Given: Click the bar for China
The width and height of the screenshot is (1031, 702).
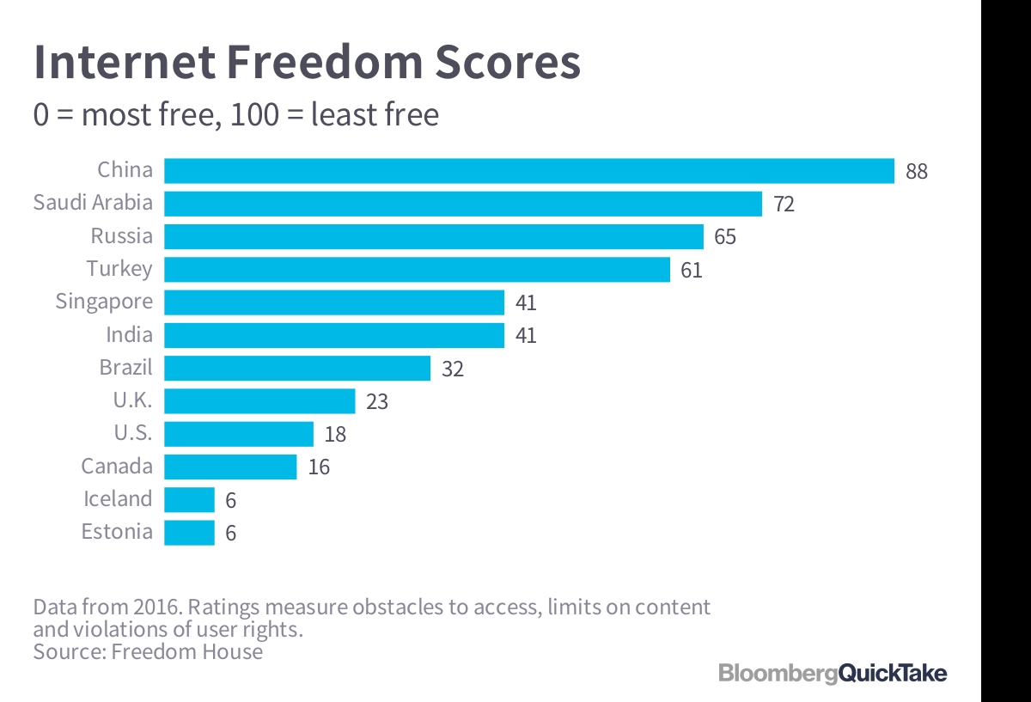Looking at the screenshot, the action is coord(529,171).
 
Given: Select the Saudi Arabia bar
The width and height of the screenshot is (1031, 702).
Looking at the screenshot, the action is coord(463,204).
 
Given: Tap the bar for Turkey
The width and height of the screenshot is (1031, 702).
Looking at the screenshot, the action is coord(417,269).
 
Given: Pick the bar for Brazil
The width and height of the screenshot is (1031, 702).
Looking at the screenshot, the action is coord(297,369).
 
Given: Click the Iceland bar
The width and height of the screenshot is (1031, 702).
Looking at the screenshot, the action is coord(189,499).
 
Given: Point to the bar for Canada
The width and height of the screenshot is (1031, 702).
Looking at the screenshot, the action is coord(230,467).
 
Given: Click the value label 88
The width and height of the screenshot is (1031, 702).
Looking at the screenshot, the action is coord(917,171).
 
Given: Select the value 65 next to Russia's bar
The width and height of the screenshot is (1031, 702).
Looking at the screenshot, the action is coord(725,236).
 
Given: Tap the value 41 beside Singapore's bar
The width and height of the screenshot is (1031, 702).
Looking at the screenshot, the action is coord(526,302).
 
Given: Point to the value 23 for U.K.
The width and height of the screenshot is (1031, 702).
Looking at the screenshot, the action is coord(377,401).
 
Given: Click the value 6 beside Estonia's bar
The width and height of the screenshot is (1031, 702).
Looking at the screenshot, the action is coord(230,533).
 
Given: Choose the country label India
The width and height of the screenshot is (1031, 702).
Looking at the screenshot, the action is coord(130,334).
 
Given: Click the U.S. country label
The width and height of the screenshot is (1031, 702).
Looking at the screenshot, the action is coord(133,433).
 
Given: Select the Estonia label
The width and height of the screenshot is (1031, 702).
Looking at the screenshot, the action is coord(117,531).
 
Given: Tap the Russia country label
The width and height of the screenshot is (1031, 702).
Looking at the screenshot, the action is coord(121,235).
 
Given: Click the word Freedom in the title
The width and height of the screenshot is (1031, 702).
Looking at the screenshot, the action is coord(325,62).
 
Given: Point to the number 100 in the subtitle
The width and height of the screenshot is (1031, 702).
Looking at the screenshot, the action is coord(254,114).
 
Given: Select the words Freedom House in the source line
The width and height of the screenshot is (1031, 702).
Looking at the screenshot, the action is coord(187,651).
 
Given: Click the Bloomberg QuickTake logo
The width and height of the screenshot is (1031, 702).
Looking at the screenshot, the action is coord(833,674).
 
